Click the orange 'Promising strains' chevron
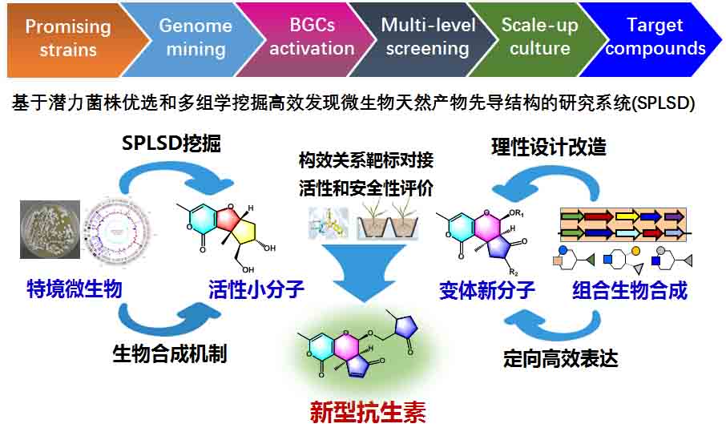pos(68,38)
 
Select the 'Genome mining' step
pos(195,38)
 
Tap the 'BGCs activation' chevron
pos(312,38)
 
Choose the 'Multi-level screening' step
pos(428,38)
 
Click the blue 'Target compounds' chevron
pos(655,38)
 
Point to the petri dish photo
pos(50,229)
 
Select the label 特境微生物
pos(75,289)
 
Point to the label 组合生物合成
pos(630,289)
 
